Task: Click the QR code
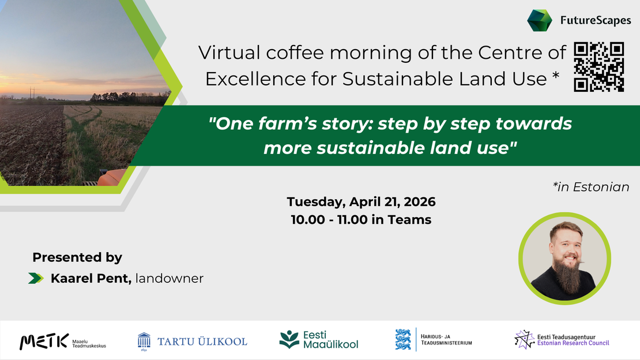click(x=599, y=67)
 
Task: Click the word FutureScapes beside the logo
click(x=596, y=21)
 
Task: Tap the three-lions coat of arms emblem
click(x=403, y=340)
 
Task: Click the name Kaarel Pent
click(x=91, y=279)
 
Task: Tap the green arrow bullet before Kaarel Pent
click(x=36, y=279)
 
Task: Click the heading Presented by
click(x=77, y=257)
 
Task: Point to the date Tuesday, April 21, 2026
click(x=361, y=202)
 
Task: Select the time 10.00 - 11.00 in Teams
click(x=361, y=220)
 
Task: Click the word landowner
click(x=170, y=279)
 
